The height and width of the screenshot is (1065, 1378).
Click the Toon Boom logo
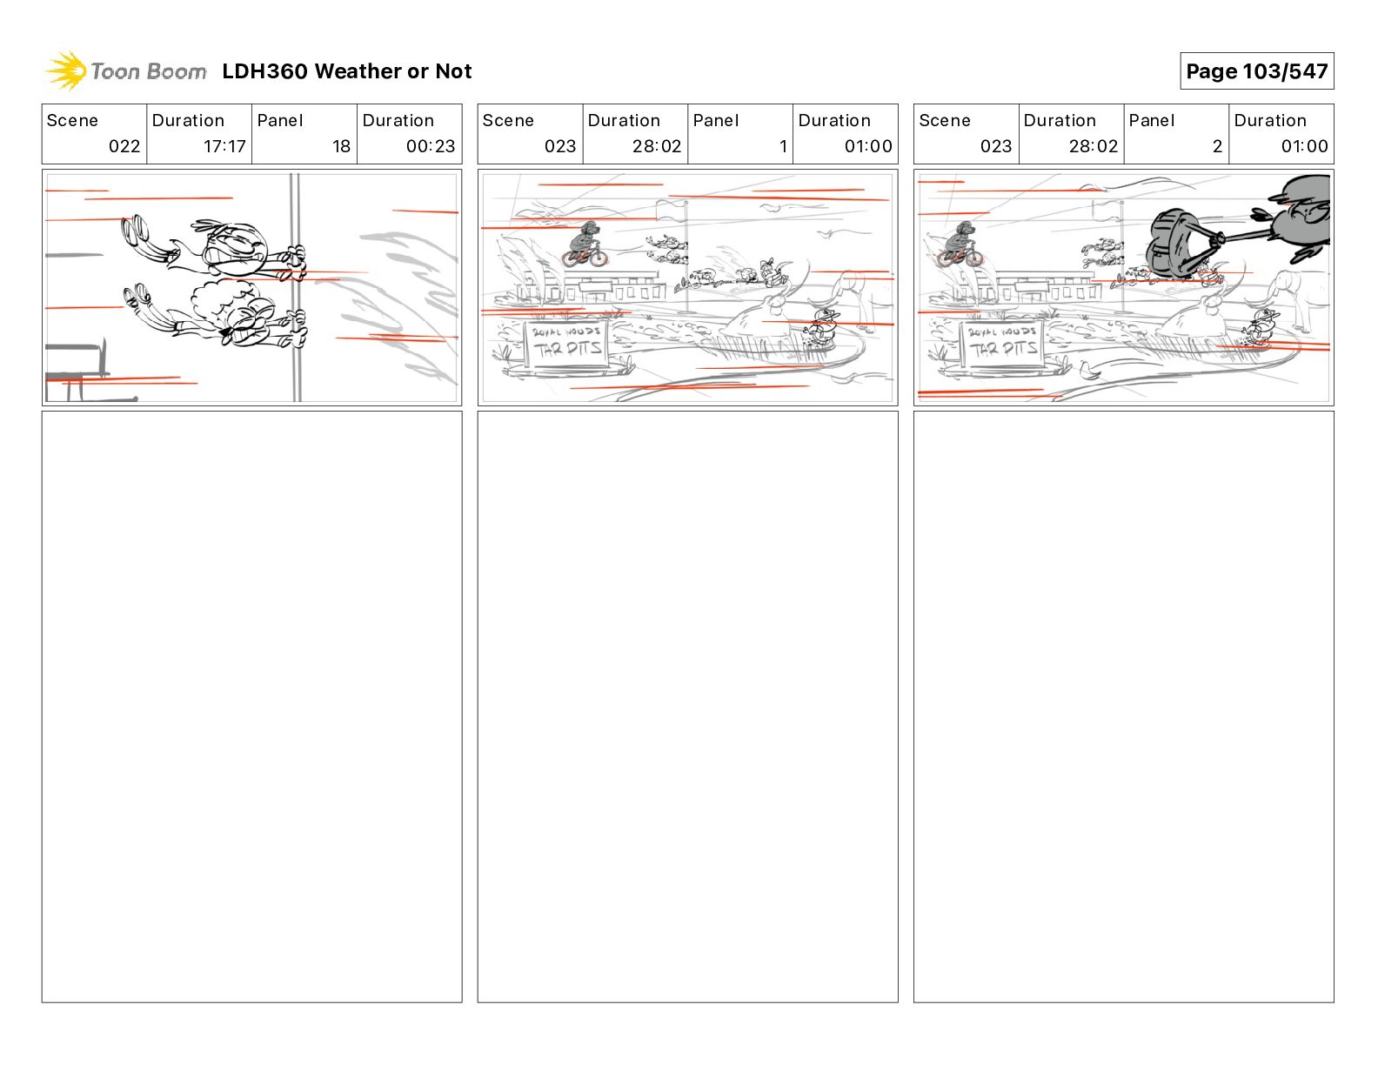click(x=126, y=71)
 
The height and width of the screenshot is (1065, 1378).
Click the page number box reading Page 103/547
click(x=1256, y=71)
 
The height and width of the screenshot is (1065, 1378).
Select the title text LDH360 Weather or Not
click(x=346, y=71)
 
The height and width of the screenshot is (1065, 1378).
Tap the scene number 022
click(x=124, y=146)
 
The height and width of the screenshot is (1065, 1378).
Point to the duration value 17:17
click(x=224, y=146)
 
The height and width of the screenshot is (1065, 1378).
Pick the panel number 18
click(x=341, y=146)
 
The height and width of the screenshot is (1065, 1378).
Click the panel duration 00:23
click(x=430, y=146)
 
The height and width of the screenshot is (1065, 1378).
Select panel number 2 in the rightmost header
click(x=1217, y=146)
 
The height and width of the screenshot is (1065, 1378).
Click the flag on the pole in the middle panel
click(x=670, y=209)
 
